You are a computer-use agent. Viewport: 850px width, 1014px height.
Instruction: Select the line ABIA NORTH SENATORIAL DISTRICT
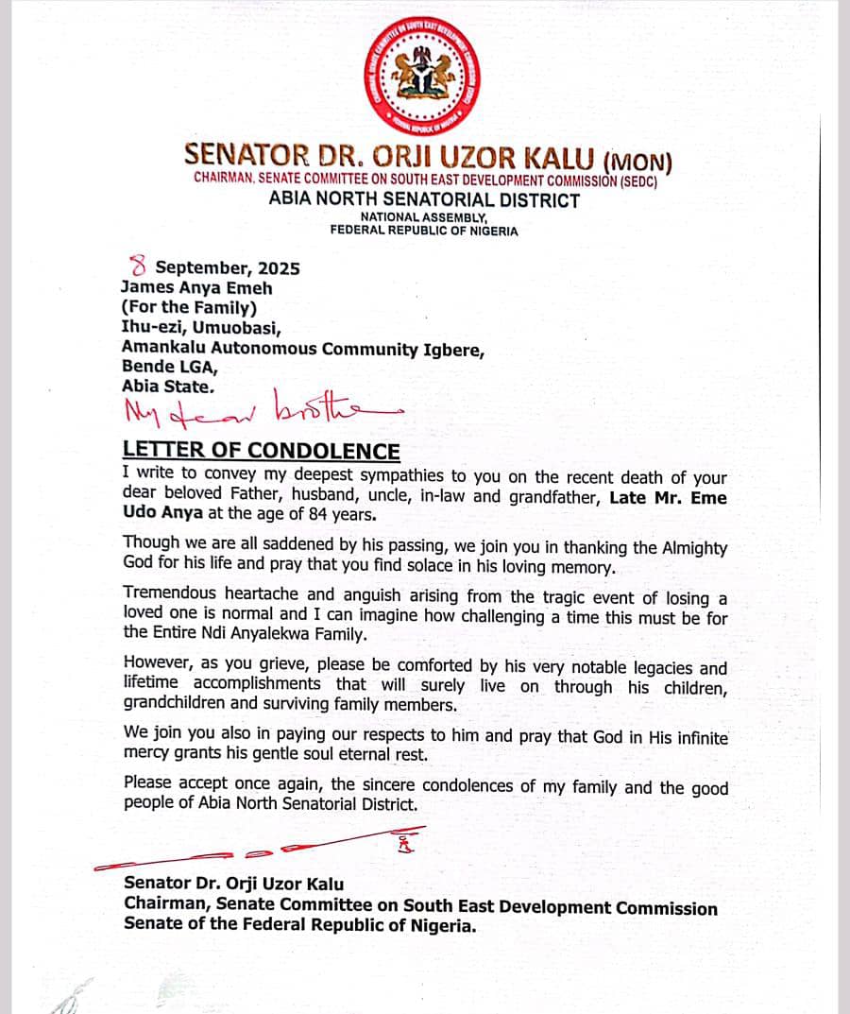click(x=424, y=199)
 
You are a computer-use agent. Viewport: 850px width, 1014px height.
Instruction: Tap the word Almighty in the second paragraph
click(x=679, y=548)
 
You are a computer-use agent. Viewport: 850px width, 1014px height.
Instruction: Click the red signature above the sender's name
click(x=283, y=848)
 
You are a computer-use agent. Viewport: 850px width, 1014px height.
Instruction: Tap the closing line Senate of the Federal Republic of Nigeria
click(x=299, y=926)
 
